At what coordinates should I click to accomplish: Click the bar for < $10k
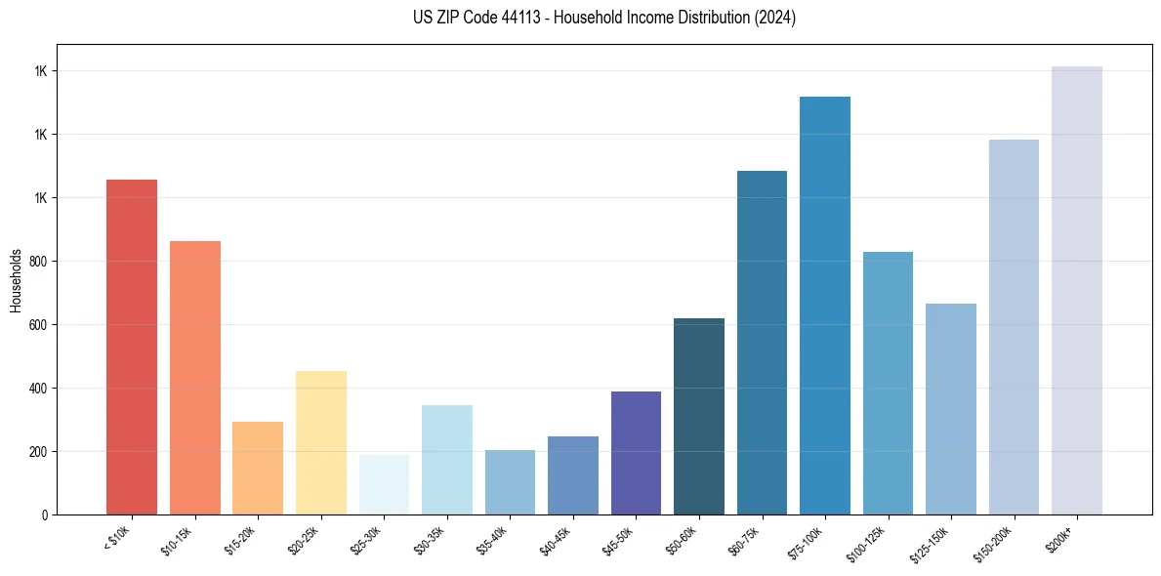coord(132,347)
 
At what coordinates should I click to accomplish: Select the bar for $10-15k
coord(194,378)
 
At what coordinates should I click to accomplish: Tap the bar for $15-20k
coord(258,468)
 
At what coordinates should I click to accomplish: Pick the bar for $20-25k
coord(321,442)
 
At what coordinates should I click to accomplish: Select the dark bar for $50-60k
coord(699,416)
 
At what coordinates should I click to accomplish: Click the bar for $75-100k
coord(825,306)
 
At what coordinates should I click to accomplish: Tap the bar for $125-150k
coord(951,409)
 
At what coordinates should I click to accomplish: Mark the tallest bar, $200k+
coord(1077,290)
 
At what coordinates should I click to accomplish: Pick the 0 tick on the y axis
coord(45,515)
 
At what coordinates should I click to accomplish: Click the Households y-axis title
coord(16,279)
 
